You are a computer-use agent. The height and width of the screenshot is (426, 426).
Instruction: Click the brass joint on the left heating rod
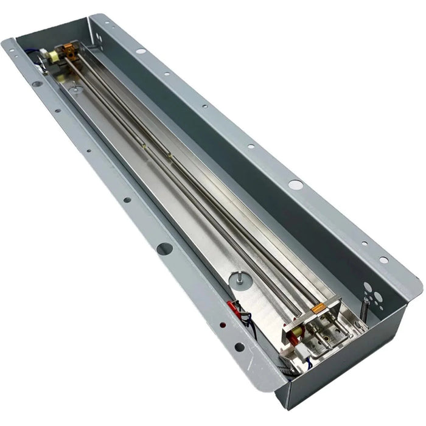pos(141,146)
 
